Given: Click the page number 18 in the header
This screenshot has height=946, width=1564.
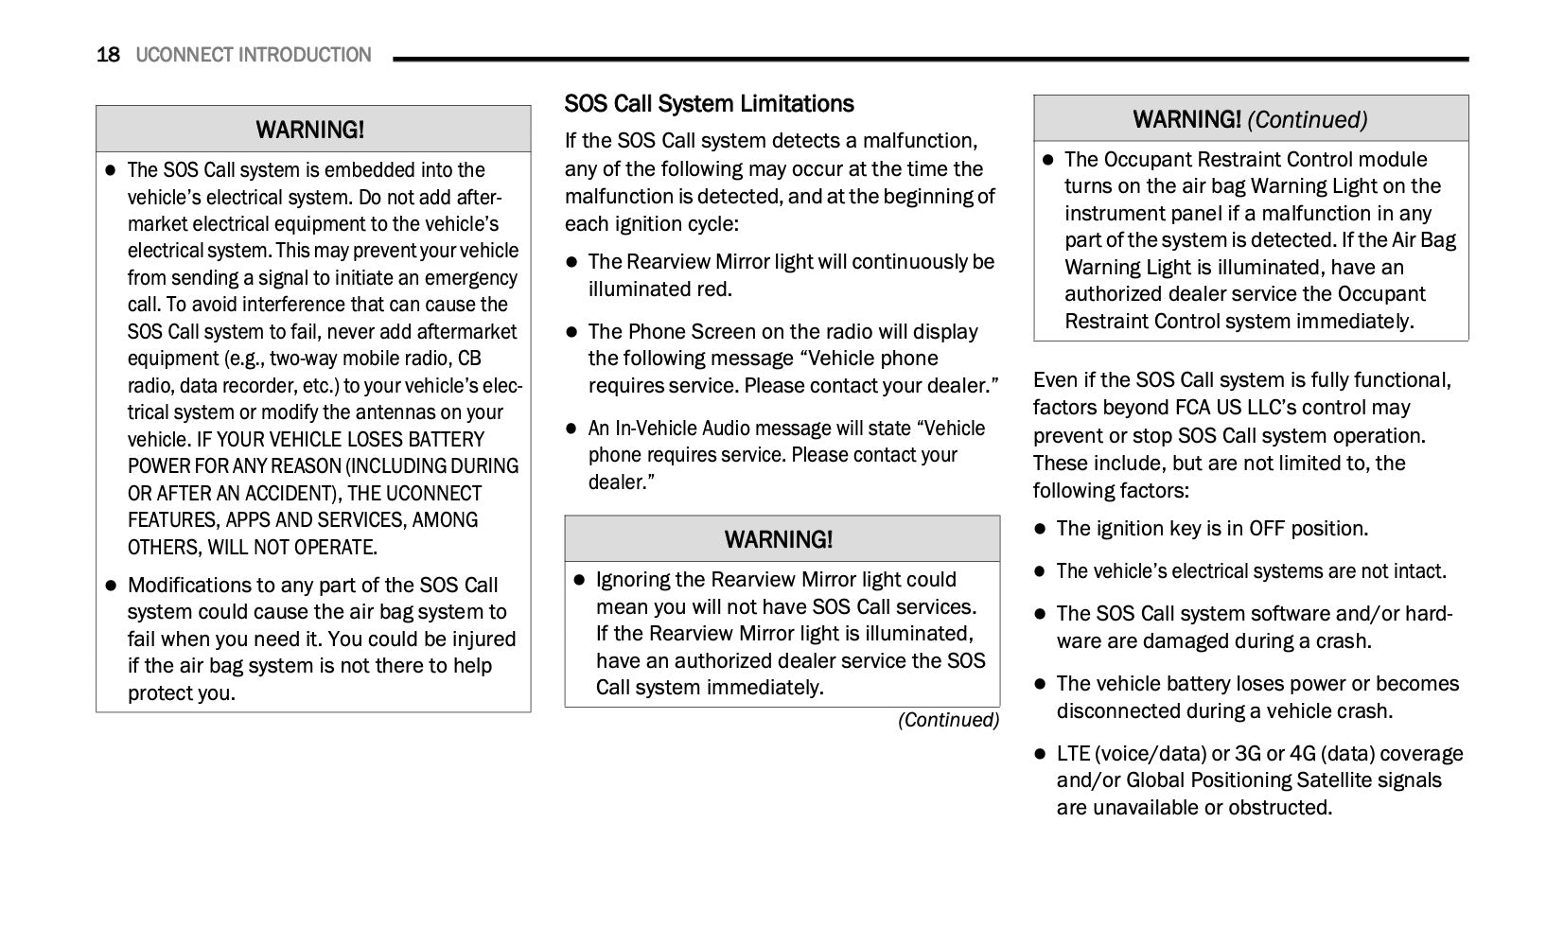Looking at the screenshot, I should point(108,55).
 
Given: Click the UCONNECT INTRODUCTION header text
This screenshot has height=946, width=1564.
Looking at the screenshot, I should point(254,55).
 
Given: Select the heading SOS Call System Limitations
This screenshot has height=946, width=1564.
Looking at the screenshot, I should point(709,104).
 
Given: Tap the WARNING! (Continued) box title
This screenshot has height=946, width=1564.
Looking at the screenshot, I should point(1250,120).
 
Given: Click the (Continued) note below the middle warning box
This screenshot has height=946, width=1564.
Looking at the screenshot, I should point(948,720).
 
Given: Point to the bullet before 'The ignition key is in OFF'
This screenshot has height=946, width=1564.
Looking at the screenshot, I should point(1040,529).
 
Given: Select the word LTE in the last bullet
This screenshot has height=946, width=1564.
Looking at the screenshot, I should point(1073,754).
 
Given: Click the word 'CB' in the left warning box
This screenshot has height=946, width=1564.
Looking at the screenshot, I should point(469,359).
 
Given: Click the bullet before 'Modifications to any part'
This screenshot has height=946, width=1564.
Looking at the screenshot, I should point(111,586).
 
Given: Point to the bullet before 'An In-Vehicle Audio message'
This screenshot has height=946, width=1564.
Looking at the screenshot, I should point(571,429).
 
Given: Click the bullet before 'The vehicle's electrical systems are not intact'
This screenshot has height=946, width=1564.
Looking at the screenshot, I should point(1040,571).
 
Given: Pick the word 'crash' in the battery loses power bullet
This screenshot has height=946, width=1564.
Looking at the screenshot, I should point(1362,711).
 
